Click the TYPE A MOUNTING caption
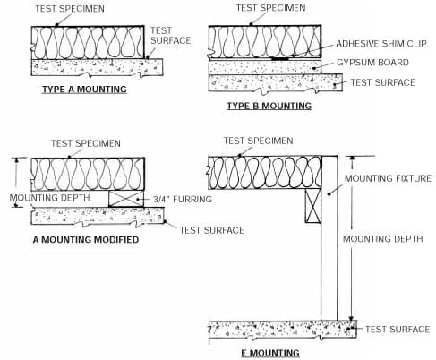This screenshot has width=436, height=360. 84,90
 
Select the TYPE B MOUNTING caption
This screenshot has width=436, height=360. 269,106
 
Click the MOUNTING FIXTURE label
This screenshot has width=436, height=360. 389,178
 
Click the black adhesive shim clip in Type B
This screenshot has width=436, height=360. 280,58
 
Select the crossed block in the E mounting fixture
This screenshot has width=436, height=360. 312,205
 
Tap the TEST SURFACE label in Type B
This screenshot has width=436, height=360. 381,82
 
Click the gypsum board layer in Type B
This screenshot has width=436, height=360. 260,65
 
